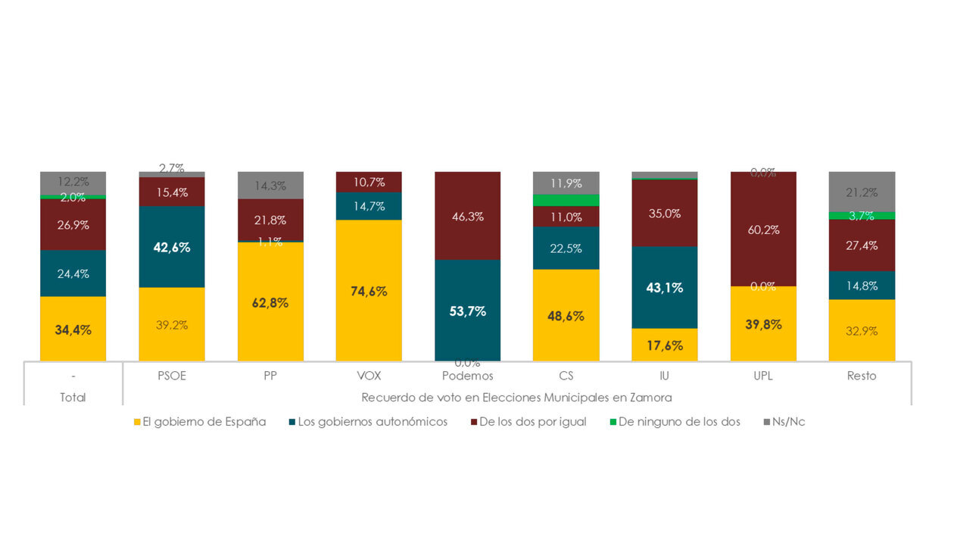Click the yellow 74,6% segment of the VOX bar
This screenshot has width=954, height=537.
pos(369,290)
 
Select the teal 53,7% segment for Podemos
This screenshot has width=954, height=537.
pos(467,310)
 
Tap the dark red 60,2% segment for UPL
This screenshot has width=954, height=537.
pos(763,229)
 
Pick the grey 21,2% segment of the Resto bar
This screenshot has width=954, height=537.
pos(862,192)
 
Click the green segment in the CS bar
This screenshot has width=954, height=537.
pos(566,200)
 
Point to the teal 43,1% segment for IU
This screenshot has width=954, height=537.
pos(664,287)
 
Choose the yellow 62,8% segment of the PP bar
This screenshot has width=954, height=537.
pos(270,301)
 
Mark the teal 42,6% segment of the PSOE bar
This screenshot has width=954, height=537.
pos(171,247)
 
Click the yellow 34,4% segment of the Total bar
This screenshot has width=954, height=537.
pos(73,329)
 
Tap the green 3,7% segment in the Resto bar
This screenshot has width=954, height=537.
pos(862,215)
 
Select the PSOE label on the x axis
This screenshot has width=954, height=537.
pos(171,376)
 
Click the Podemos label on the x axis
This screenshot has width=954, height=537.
pos(467,376)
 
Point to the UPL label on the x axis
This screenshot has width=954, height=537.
pos(763,376)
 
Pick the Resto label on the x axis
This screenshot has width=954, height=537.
pos(862,376)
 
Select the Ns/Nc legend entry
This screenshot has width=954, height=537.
pos(788,422)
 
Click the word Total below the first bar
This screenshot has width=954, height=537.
pos(73,397)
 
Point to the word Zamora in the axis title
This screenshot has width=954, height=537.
pos(653,397)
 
